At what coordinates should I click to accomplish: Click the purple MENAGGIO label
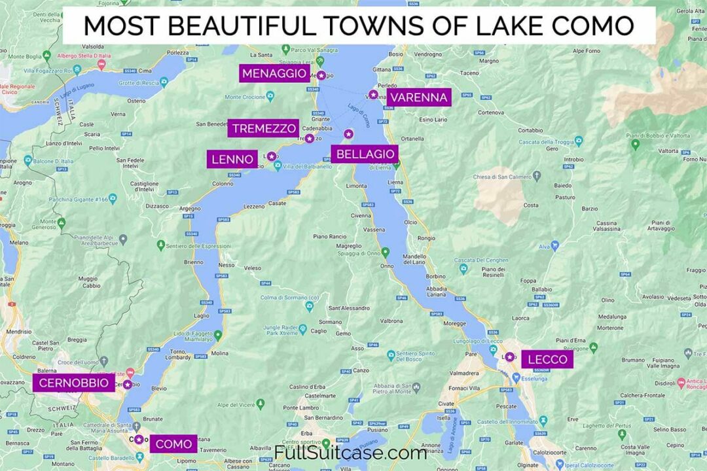coord(274,74)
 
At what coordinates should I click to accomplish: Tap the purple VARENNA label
coord(419,97)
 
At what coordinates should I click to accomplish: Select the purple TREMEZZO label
coord(263,128)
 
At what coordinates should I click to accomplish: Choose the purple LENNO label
coord(232,159)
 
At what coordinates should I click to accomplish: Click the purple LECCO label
coord(547,359)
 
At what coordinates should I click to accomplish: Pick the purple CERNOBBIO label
coord(73,383)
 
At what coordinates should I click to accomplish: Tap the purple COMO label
coord(173,444)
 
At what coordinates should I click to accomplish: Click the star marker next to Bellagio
coord(348,134)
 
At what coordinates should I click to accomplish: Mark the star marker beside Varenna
coord(373,95)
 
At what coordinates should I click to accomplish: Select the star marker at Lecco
coord(509,357)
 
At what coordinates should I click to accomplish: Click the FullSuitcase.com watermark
coord(350,453)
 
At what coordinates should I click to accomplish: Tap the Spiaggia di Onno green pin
coord(386,251)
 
